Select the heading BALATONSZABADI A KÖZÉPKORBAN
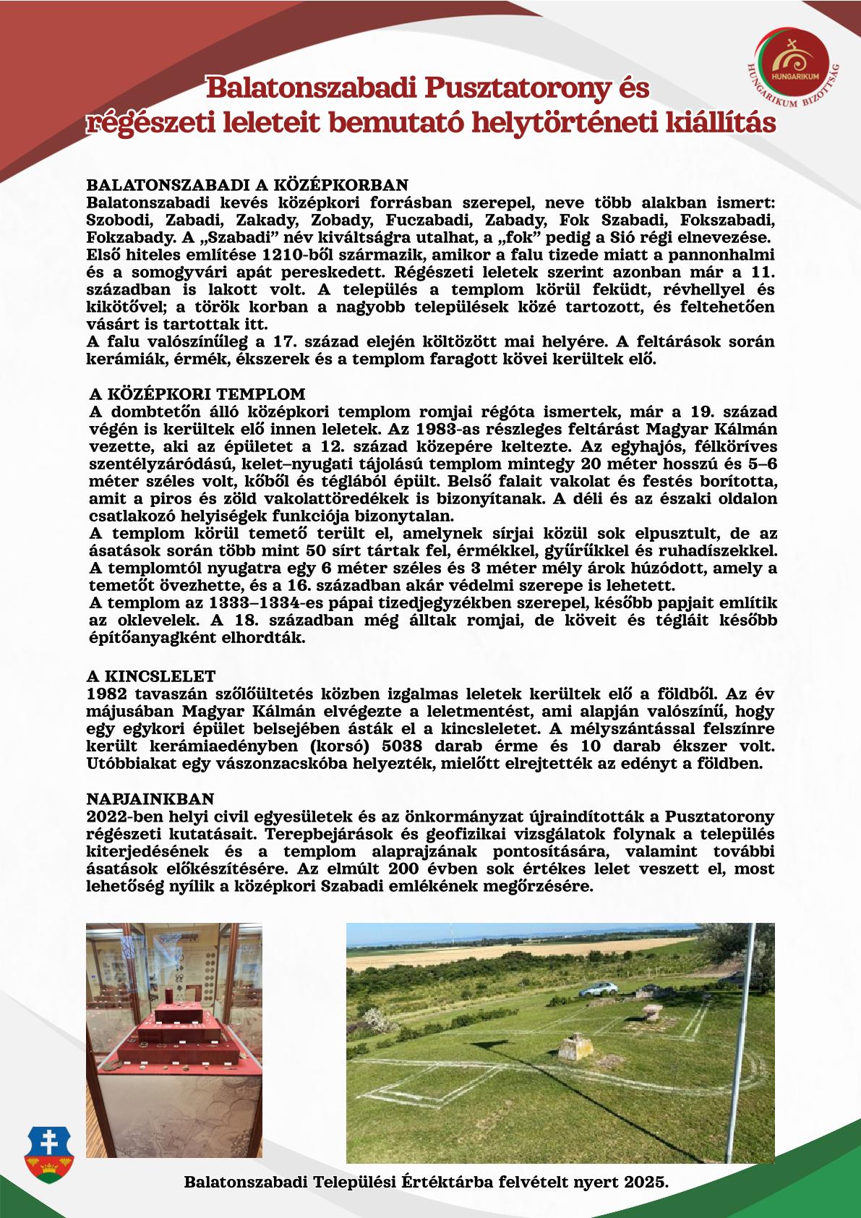[247, 184]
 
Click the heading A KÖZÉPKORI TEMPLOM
[197, 394]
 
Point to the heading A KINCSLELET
[151, 676]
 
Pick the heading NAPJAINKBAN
[150, 798]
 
